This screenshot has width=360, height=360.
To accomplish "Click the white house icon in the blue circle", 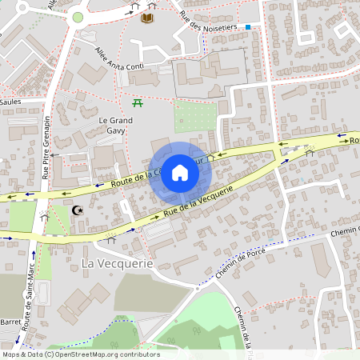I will point(180,172).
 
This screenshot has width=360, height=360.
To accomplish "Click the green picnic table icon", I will point(138,102).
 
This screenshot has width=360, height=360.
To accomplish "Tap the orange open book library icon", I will point(148,18).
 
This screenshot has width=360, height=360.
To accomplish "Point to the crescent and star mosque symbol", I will point(78,211).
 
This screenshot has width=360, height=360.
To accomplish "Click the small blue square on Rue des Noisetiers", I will point(248,27).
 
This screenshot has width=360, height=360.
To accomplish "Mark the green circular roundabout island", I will point(78,17).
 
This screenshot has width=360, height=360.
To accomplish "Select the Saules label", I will point(10,102).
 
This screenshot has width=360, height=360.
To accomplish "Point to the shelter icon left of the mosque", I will point(45,216).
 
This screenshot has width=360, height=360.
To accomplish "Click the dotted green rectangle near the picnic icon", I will point(195,116).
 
